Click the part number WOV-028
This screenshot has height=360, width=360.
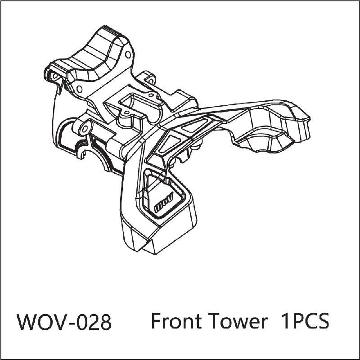click(x=64, y=321)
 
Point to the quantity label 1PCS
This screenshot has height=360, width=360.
click(x=305, y=321)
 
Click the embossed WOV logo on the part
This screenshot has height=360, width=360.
click(x=163, y=202)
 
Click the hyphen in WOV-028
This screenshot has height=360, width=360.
click(x=71, y=324)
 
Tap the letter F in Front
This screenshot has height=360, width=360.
click(x=156, y=321)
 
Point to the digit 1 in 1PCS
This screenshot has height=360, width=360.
click(x=285, y=321)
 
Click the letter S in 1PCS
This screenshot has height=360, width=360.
click(x=323, y=321)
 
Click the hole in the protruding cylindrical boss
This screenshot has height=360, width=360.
click(x=85, y=129)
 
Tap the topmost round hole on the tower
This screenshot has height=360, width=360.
click(x=128, y=54)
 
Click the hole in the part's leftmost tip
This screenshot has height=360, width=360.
click(x=55, y=75)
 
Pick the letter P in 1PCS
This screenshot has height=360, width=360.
click(x=297, y=321)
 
